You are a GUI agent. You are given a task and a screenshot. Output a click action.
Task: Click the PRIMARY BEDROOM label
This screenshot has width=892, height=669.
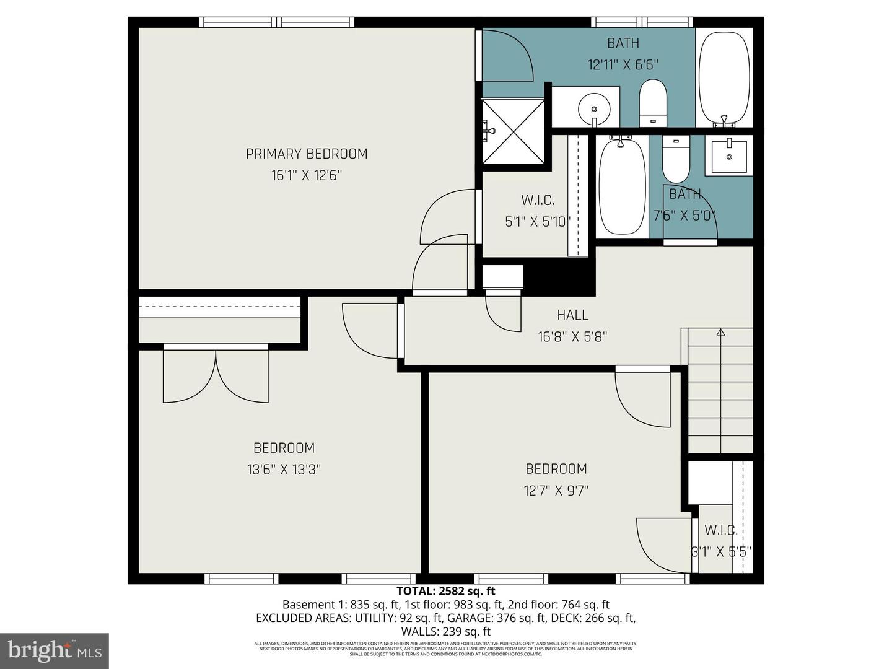tap(307, 154)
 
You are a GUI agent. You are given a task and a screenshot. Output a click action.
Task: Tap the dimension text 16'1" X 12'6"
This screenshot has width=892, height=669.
tap(307, 176)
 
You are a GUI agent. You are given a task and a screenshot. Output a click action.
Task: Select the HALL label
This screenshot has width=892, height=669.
tap(572, 315)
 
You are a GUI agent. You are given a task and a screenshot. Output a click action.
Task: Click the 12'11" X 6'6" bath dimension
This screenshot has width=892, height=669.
tap(623, 65)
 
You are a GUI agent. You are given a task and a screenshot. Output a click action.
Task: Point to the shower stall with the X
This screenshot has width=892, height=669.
tap(513, 131)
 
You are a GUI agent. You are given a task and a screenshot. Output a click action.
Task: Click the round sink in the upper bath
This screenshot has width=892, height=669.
tap(593, 110)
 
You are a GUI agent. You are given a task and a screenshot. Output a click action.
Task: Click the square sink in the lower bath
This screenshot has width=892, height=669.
tap(729, 157)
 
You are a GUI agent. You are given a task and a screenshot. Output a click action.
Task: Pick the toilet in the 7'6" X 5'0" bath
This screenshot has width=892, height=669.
tap(676, 159)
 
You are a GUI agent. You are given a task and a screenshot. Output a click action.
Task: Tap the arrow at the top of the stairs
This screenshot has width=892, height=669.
tap(720, 332)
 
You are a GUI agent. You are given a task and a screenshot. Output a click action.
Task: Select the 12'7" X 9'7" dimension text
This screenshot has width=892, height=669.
tap(556, 491)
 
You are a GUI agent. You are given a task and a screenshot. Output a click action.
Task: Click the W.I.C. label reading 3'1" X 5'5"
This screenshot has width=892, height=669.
tap(720, 530)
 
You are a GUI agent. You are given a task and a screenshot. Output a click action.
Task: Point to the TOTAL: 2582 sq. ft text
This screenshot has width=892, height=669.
tap(445, 591)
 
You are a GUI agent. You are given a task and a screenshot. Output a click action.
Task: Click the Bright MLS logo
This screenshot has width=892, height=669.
tap(55, 650)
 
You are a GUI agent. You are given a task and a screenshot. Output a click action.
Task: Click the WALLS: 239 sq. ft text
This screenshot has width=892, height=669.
tap(445, 632)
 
